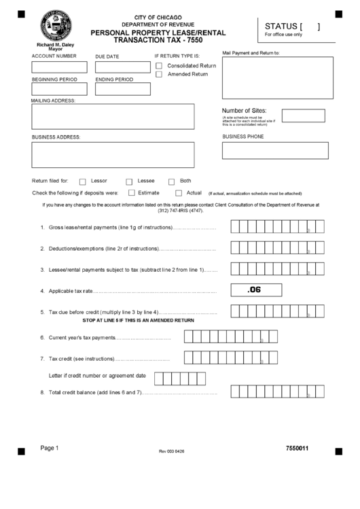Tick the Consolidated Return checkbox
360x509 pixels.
pyautogui.click(x=159, y=66)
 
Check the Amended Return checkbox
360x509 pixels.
pyautogui.click(x=159, y=74)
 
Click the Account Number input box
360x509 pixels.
pyautogui.click(x=60, y=67)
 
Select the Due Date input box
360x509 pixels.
pyautogui.click(x=122, y=67)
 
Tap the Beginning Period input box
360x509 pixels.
pyautogui.click(x=60, y=89)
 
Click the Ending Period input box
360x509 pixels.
pyautogui.click(x=122, y=89)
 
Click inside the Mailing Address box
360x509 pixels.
pyautogui.click(x=113, y=116)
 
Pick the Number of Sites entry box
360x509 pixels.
pyautogui.click(x=303, y=116)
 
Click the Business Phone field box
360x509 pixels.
pyautogui.click(x=275, y=150)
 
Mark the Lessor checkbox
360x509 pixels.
pyautogui.click(x=83, y=181)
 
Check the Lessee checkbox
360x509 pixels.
pyautogui.click(x=129, y=181)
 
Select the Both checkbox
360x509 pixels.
pyautogui.click(x=171, y=181)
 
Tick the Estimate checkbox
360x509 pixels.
pyautogui.click(x=130, y=193)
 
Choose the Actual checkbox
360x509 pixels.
pyautogui.click(x=179, y=193)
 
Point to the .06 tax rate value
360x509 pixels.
pyautogui.click(x=255, y=290)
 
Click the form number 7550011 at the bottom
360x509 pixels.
pyautogui.click(x=298, y=449)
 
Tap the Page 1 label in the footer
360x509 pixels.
pyautogui.click(x=50, y=448)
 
